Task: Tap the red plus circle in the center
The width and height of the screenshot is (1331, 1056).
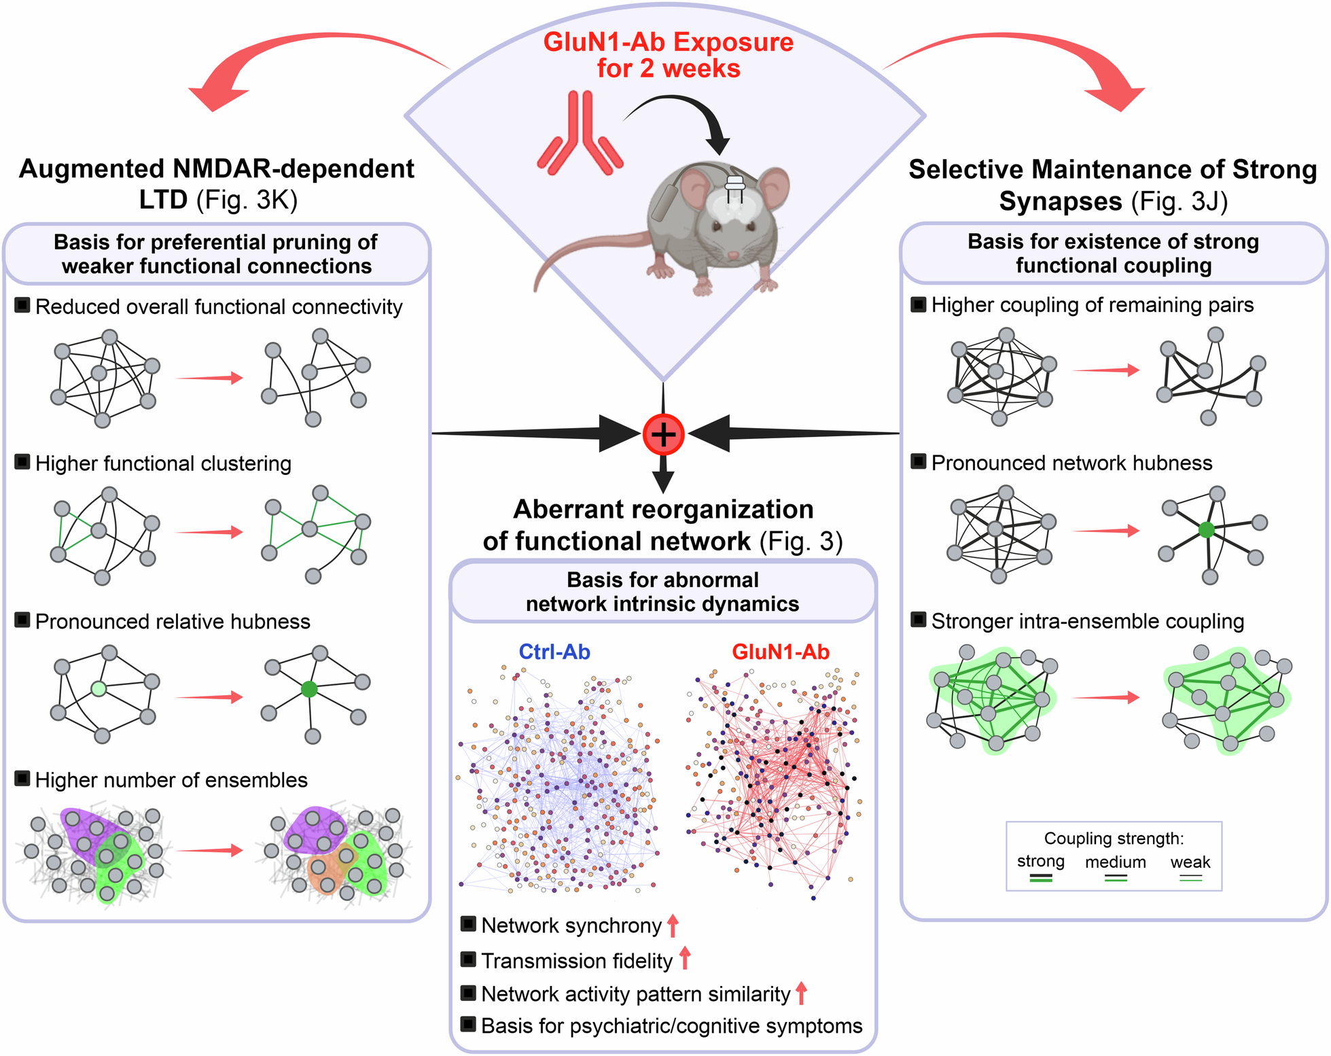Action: click(x=663, y=434)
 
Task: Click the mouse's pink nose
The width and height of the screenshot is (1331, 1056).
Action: click(x=732, y=256)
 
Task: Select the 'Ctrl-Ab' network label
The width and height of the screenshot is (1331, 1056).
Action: click(x=554, y=652)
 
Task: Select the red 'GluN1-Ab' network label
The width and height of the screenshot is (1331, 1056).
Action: click(x=780, y=652)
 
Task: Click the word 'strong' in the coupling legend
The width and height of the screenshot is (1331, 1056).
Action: click(x=1040, y=862)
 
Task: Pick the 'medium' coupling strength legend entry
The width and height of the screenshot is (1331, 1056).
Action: click(x=1115, y=863)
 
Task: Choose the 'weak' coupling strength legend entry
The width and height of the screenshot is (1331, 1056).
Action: click(x=1190, y=863)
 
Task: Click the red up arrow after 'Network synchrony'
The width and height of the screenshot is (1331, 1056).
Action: click(x=673, y=926)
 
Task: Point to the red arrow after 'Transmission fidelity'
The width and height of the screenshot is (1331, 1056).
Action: click(x=685, y=958)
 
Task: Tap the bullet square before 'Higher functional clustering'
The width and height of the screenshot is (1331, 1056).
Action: click(x=22, y=462)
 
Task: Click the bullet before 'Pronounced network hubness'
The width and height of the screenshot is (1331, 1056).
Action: click(x=918, y=462)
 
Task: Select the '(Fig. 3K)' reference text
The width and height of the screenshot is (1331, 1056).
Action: click(x=247, y=200)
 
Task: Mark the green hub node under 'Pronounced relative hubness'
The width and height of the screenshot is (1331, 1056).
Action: click(x=309, y=689)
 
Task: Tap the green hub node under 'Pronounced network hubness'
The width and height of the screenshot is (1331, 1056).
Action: click(x=1206, y=530)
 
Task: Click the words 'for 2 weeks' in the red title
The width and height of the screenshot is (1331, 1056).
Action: click(x=668, y=69)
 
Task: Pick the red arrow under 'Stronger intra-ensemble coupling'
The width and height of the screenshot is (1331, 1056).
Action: click(x=1105, y=697)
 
